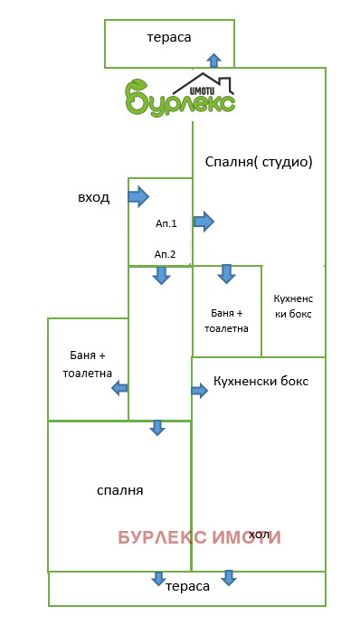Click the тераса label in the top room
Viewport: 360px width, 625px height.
click(x=169, y=38)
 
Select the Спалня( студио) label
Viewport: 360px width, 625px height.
click(x=258, y=163)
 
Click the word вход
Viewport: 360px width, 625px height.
click(x=93, y=197)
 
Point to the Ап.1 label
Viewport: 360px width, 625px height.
click(x=166, y=223)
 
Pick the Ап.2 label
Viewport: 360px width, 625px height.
click(x=165, y=254)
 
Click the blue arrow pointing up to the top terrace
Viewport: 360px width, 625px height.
click(x=213, y=61)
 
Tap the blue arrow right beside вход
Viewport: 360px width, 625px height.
click(x=138, y=195)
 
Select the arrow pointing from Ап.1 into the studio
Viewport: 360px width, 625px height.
click(x=204, y=221)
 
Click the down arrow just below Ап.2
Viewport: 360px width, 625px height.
click(x=161, y=275)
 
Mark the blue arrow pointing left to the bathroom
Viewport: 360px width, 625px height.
click(x=119, y=388)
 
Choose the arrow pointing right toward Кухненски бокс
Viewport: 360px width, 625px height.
click(x=199, y=390)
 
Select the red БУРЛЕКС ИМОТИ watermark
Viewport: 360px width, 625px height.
click(x=199, y=537)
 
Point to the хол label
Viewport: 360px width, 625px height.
click(x=260, y=534)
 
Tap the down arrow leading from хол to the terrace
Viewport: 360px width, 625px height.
click(x=229, y=577)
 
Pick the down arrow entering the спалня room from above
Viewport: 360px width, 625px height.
click(x=157, y=428)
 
